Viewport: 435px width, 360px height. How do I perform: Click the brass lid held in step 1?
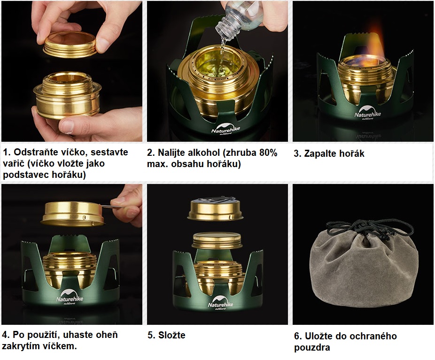coord(70,44)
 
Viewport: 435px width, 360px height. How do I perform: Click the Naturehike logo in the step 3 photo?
coord(367,113)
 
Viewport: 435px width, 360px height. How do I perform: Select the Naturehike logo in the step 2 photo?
coord(225,128)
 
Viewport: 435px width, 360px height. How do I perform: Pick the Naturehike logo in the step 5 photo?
coord(221,303)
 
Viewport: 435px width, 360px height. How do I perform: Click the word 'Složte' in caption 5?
coord(172,335)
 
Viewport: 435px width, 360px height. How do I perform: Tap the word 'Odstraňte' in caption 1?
coord(37,152)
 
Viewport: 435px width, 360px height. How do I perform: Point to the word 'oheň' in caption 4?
coord(108,335)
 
